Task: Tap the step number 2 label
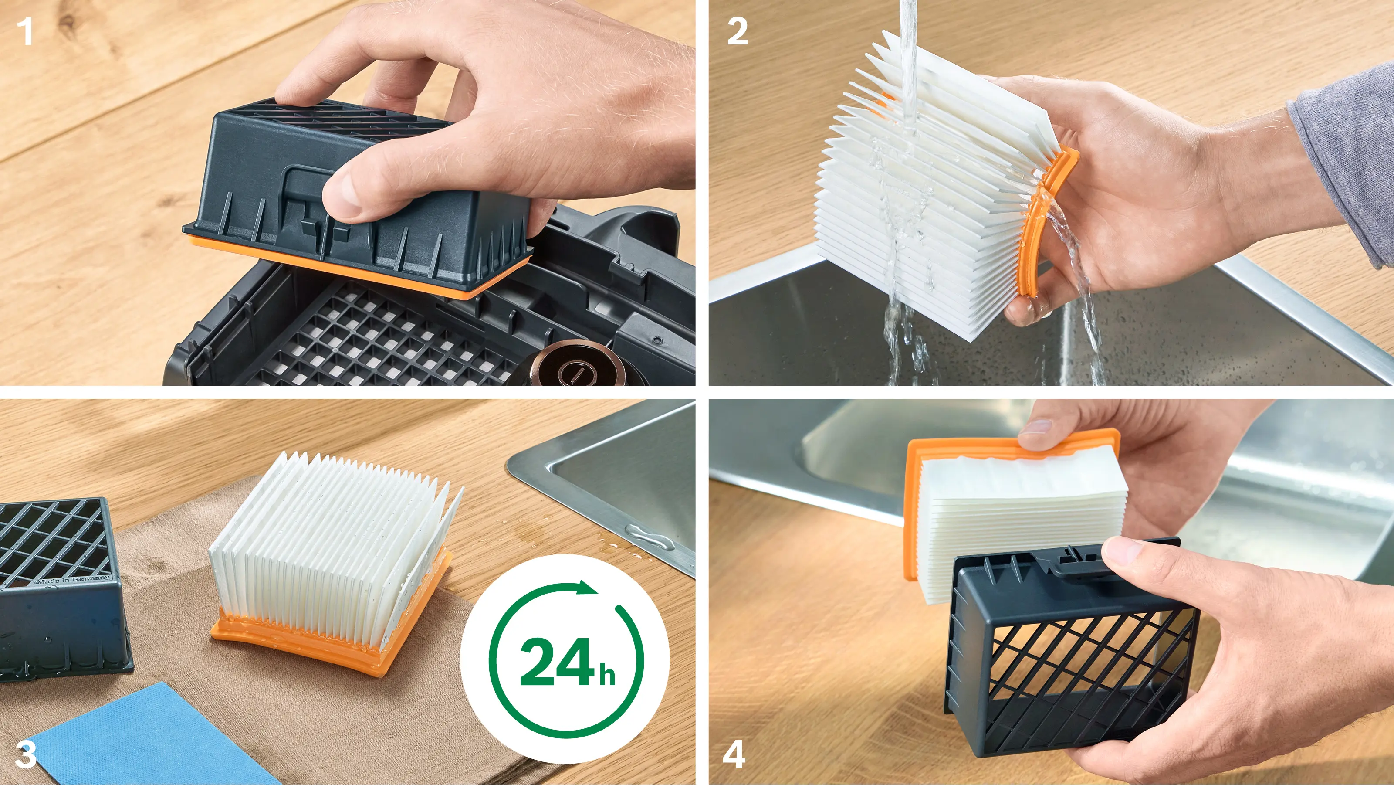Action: pos(738,31)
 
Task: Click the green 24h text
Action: pos(568,662)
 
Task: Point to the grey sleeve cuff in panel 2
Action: pos(1342,163)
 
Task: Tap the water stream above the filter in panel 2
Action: pos(909,43)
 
